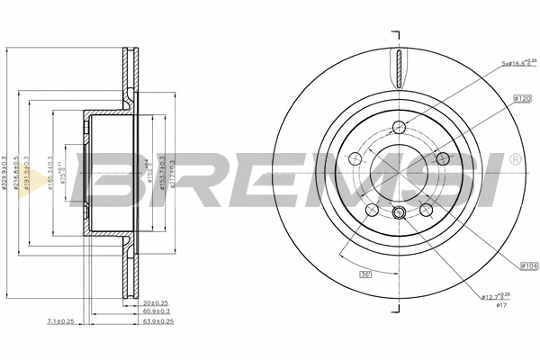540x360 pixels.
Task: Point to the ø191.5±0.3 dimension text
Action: [x=37, y=171]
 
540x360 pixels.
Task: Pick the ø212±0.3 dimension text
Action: [x=171, y=171]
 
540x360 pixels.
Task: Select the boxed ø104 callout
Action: [x=528, y=265]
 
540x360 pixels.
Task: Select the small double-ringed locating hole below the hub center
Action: [x=398, y=213]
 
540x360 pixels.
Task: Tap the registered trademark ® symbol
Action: [x=514, y=159]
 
